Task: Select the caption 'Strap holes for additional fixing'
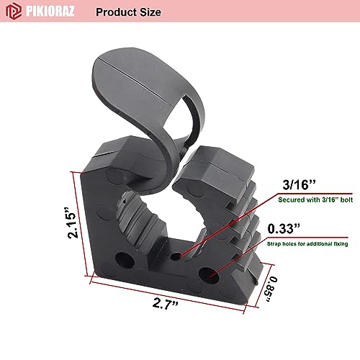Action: click(307, 244)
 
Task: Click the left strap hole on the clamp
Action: click(120, 257)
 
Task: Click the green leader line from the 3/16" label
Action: click(230, 222)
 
